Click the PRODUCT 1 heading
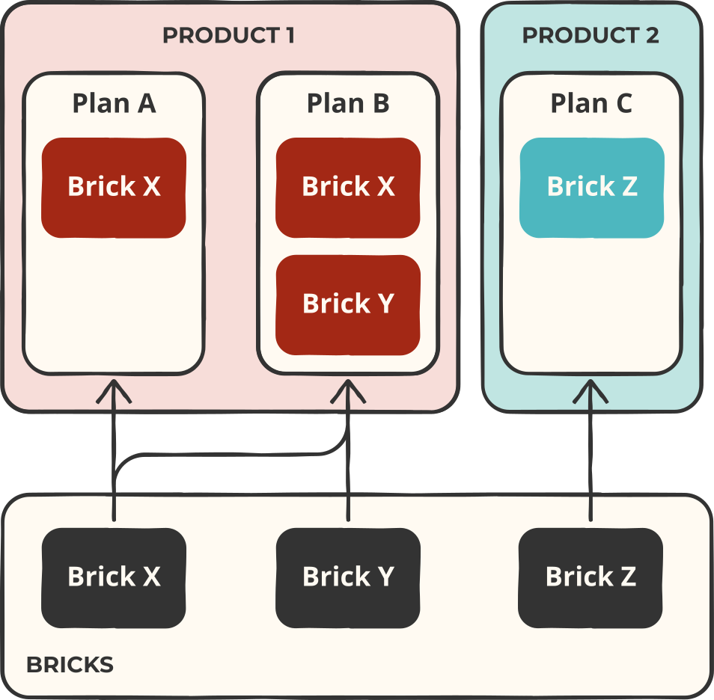[x=228, y=35]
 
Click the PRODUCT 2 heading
[x=591, y=35]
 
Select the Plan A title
[x=114, y=103]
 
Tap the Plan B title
[x=348, y=103]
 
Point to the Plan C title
[x=591, y=103]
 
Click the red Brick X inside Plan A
[x=114, y=187]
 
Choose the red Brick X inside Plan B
[x=348, y=187]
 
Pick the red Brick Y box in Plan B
[x=348, y=304]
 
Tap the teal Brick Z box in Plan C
[x=591, y=187]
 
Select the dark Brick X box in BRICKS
[x=114, y=577]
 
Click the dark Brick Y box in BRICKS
[x=348, y=577]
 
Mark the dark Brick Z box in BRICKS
[x=591, y=577]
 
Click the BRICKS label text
[x=70, y=665]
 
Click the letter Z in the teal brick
[x=629, y=187]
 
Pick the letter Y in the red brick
[x=384, y=304]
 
